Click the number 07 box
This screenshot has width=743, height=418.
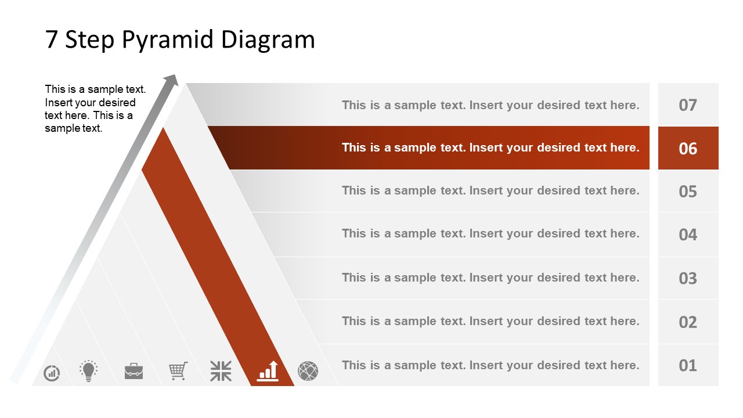688,105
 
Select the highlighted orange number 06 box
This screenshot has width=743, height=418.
688,149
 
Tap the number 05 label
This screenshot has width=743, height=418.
688,192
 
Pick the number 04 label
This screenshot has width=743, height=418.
688,235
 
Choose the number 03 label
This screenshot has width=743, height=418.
688,278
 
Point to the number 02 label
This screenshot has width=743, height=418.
688,322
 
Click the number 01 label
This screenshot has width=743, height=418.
688,365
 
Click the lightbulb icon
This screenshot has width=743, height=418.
88,370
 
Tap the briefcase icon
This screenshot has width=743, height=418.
134,371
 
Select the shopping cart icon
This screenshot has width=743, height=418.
178,370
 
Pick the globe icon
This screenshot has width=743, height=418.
308,371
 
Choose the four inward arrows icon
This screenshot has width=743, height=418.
221,371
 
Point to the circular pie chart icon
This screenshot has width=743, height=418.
52,372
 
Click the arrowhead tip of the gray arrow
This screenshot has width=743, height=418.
172,79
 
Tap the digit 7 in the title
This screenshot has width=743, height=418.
52,39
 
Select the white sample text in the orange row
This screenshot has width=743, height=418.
490,147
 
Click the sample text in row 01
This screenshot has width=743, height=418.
490,365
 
